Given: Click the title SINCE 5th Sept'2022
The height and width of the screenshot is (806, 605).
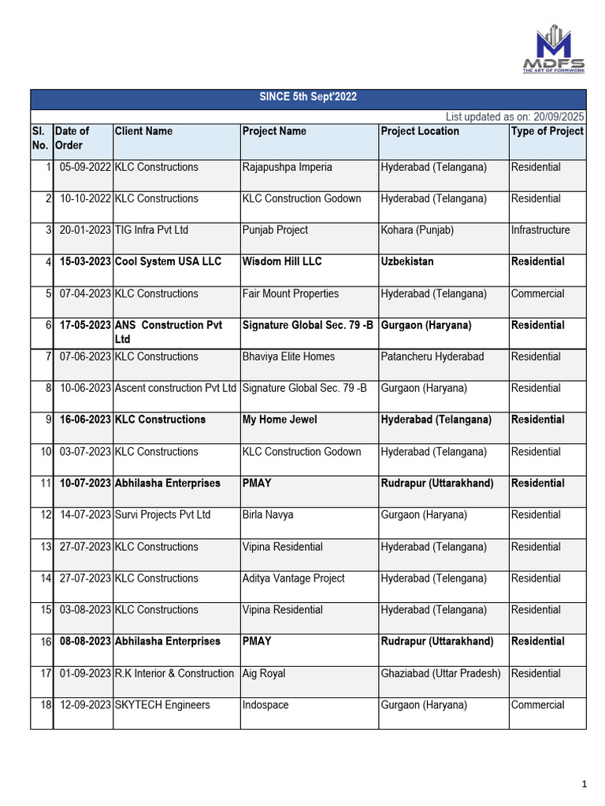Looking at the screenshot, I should click(x=309, y=98).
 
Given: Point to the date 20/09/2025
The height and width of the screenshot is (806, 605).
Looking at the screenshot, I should click(x=558, y=116).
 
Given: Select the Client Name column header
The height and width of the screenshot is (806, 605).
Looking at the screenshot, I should click(x=143, y=131).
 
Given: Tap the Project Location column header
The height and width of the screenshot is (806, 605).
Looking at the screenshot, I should click(x=420, y=131).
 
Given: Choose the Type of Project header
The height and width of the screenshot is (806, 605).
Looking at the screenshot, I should click(x=547, y=131).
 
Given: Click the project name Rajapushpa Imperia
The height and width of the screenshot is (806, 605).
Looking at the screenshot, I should click(x=288, y=167).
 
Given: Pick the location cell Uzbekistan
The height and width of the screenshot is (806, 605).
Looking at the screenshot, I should click(x=407, y=261).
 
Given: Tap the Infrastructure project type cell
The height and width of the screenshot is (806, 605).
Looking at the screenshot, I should click(x=540, y=230).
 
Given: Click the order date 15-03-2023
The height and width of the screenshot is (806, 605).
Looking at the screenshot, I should click(x=85, y=261).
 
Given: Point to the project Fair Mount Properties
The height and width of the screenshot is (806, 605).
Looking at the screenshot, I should click(x=291, y=294).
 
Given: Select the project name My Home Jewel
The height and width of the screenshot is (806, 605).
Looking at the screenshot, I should click(x=280, y=420).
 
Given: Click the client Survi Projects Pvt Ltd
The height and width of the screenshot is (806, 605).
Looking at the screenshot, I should click(x=162, y=515).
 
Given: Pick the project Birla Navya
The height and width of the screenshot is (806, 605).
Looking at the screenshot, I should click(x=268, y=515).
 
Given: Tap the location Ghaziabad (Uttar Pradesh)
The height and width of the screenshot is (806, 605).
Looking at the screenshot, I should click(x=440, y=674).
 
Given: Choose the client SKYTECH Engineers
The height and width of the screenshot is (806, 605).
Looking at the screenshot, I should click(x=162, y=705).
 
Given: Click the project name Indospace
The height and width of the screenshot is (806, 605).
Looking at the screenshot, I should click(x=265, y=705).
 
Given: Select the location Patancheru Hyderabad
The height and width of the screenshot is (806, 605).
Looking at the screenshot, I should click(x=432, y=357).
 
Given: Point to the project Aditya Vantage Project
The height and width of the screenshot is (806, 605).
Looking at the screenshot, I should click(x=294, y=579).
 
